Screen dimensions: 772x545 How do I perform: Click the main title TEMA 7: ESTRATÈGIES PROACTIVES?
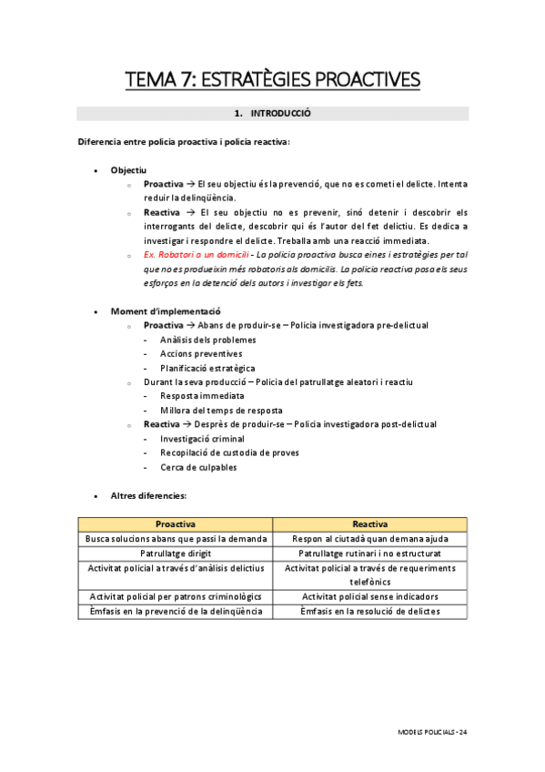[272, 80]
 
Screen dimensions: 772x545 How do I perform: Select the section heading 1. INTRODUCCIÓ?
[272, 115]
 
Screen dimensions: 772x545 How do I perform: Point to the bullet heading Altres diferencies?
[148, 495]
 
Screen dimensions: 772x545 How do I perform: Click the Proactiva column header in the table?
[176, 524]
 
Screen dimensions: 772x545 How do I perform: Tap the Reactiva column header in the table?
[370, 524]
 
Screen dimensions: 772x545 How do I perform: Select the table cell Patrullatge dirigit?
[176, 553]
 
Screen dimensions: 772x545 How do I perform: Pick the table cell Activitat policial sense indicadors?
[370, 596]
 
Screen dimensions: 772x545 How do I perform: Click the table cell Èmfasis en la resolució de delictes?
[370, 611]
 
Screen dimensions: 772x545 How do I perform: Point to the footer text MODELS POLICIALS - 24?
[433, 732]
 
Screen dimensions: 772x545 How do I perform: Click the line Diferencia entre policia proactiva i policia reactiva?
[184, 142]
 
